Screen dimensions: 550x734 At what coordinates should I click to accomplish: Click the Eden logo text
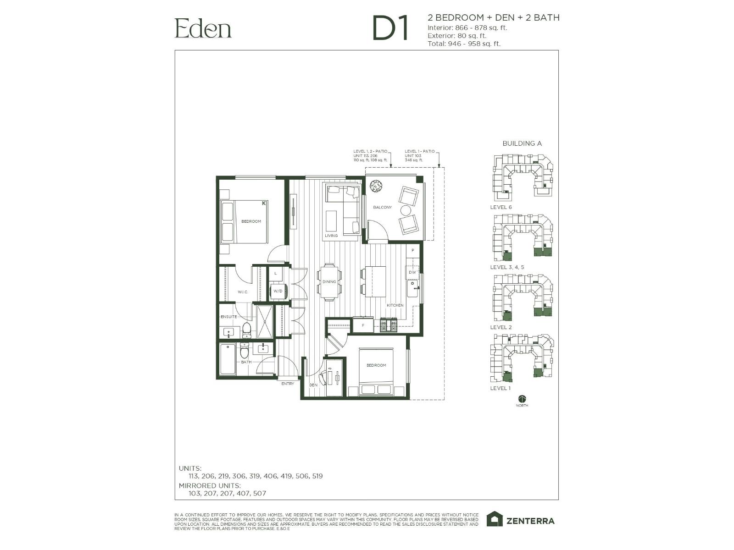coord(203,28)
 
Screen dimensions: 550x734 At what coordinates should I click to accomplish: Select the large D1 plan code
coord(390,28)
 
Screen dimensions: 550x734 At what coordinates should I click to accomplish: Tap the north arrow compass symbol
coord(522,399)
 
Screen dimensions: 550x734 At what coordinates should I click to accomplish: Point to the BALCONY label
coord(382,208)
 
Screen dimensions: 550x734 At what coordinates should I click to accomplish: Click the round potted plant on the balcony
coord(376,186)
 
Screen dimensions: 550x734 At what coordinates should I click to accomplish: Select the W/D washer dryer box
coord(278,291)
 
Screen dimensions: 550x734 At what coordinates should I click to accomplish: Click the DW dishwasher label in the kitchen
coord(412,272)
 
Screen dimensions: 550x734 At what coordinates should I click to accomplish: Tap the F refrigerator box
coord(363,325)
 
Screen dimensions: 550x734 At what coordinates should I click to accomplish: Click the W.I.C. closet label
coord(242,292)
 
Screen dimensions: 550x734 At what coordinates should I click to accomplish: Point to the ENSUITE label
coord(229,317)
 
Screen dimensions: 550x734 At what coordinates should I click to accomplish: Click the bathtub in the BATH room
coord(227,359)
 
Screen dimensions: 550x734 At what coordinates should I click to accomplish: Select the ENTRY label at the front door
coord(288,384)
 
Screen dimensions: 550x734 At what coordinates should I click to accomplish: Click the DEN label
coord(313,385)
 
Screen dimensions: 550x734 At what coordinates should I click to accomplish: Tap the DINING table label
coord(329,282)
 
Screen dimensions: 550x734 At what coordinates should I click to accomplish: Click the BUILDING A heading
coord(522,143)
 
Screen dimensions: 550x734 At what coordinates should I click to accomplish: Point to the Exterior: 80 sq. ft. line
coord(457,36)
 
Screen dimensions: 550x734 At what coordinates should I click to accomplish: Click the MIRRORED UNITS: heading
coord(210,486)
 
